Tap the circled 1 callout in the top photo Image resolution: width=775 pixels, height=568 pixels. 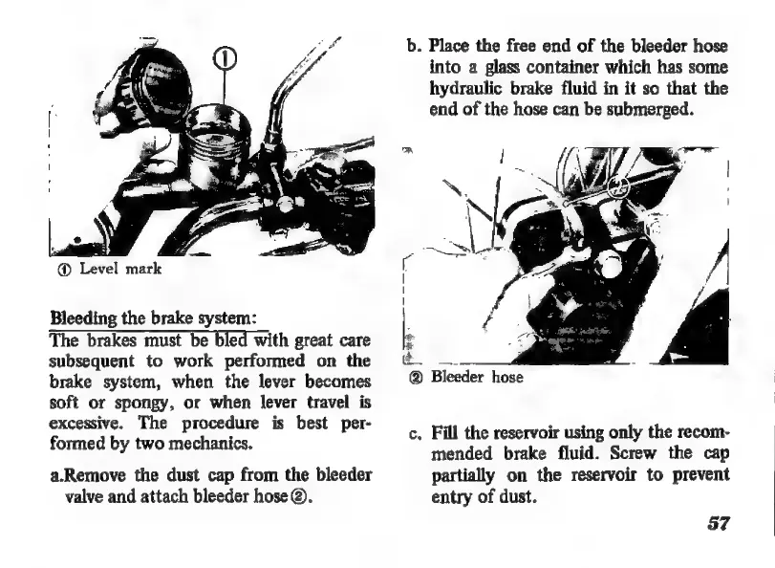coord(223,61)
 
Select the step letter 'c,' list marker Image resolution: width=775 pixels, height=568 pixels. coord(412,432)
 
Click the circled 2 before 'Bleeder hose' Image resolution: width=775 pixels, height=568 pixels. coord(417,377)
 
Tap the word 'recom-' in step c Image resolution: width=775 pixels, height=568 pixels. coord(700,431)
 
